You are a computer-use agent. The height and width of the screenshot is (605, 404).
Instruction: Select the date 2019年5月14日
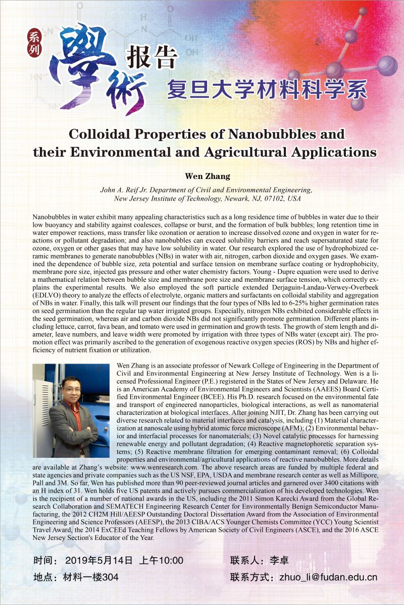(99, 560)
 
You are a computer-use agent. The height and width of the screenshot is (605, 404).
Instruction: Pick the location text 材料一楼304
(91, 577)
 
